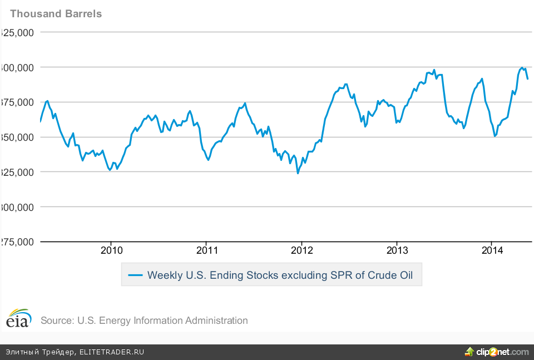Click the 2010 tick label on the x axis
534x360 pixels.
[x=111, y=250]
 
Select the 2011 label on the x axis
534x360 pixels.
[x=206, y=250]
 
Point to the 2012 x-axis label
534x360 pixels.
[x=301, y=250]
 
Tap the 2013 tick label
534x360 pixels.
[x=396, y=250]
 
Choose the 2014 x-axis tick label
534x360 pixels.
[x=492, y=250]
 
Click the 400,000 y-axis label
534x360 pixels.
[x=18, y=67]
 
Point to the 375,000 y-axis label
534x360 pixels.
[x=18, y=102]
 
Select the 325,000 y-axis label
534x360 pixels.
[x=18, y=172]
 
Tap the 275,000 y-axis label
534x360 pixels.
[x=18, y=242]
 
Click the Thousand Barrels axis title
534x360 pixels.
[x=56, y=13]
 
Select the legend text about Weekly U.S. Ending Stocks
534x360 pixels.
[x=280, y=275]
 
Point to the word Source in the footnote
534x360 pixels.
[x=56, y=320]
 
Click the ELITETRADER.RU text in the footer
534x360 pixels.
[x=112, y=352]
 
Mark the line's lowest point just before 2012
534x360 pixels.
[x=298, y=173]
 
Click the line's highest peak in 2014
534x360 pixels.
[x=522, y=68]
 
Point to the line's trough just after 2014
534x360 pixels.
[x=495, y=136]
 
